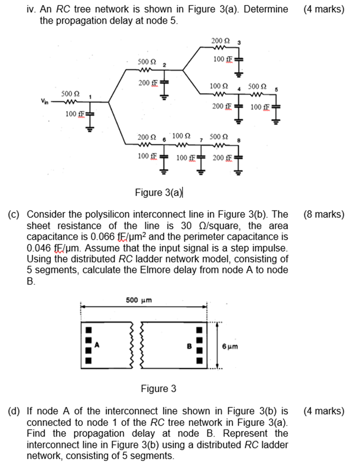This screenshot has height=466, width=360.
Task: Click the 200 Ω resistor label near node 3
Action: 220,41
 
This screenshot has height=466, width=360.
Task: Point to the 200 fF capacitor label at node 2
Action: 147,82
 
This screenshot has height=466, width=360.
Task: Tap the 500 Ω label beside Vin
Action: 69,93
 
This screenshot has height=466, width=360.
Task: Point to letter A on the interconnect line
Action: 97,345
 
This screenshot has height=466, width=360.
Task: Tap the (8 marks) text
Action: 323,214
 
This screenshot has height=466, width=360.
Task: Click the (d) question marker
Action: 16,411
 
